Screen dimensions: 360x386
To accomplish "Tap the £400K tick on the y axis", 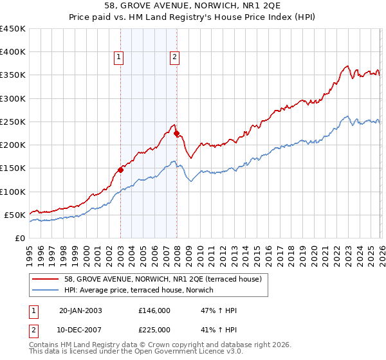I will click(13, 52).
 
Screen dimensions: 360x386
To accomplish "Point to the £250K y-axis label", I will click(13, 122).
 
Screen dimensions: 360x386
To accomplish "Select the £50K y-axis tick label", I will click(15, 215).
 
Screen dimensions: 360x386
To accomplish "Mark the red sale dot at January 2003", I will click(120, 170).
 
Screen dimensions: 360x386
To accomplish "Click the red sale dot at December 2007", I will click(176, 134).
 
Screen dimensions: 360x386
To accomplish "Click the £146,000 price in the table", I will click(154, 310).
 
